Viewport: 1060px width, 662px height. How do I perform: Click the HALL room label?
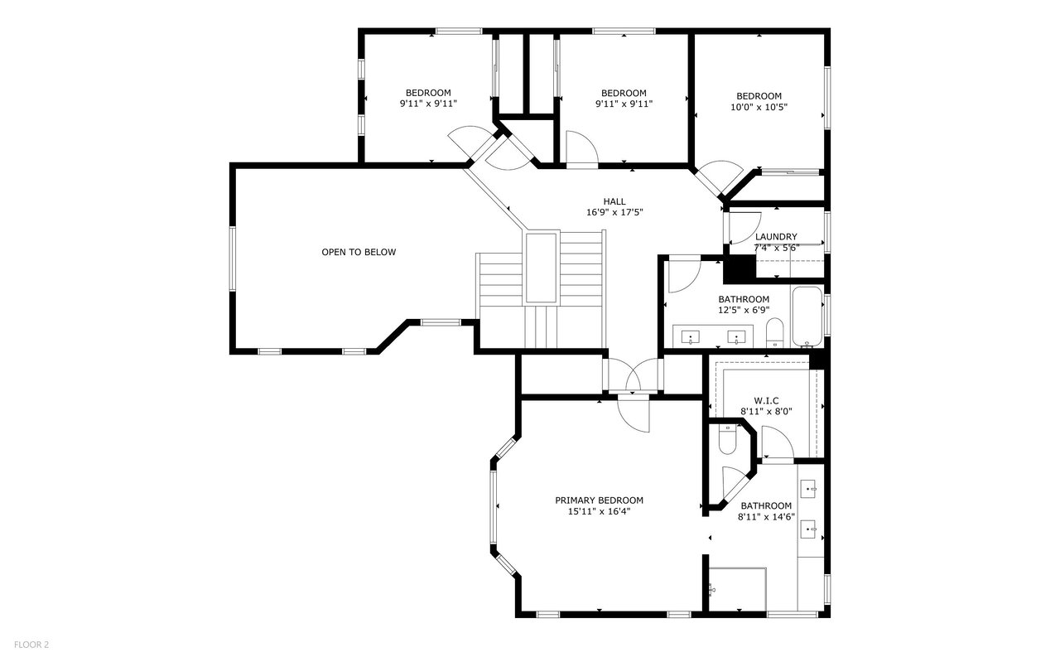coord(614,201)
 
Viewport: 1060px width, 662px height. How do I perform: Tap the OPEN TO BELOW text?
coord(359,253)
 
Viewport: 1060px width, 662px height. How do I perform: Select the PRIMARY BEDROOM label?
coord(599,500)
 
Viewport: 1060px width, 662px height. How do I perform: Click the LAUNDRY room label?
coord(776,237)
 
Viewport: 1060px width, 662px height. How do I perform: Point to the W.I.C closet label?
coord(766,401)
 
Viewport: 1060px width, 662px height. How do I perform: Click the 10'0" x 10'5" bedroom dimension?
coord(759,108)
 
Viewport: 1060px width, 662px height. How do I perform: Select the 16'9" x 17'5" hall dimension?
coord(614,213)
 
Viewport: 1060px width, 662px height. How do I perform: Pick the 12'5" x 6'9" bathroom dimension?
coord(744,310)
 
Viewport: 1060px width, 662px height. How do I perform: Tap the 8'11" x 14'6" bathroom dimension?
coord(766,517)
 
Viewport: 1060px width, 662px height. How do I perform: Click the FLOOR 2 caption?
coord(31,645)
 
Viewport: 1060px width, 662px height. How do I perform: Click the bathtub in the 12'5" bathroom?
coord(807,317)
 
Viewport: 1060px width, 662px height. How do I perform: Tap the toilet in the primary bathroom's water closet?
coord(727,439)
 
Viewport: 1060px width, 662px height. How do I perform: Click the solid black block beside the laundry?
coord(740,268)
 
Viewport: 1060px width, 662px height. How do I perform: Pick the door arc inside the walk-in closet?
coord(778,442)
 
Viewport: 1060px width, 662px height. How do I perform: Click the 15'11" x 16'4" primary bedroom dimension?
coord(599,512)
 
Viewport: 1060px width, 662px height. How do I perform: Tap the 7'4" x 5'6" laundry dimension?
coord(777,248)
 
